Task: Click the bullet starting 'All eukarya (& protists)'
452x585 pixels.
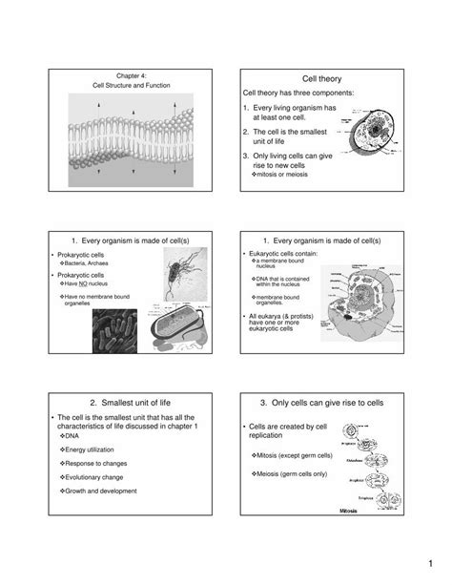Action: [279, 324]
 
